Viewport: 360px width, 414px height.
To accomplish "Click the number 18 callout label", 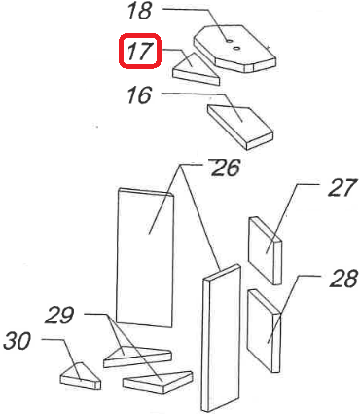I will (141, 13).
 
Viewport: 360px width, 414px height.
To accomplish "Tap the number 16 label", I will (140, 95).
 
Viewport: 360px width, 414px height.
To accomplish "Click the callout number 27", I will (342, 188).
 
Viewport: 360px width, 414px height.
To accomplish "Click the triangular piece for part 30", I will (80, 375).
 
